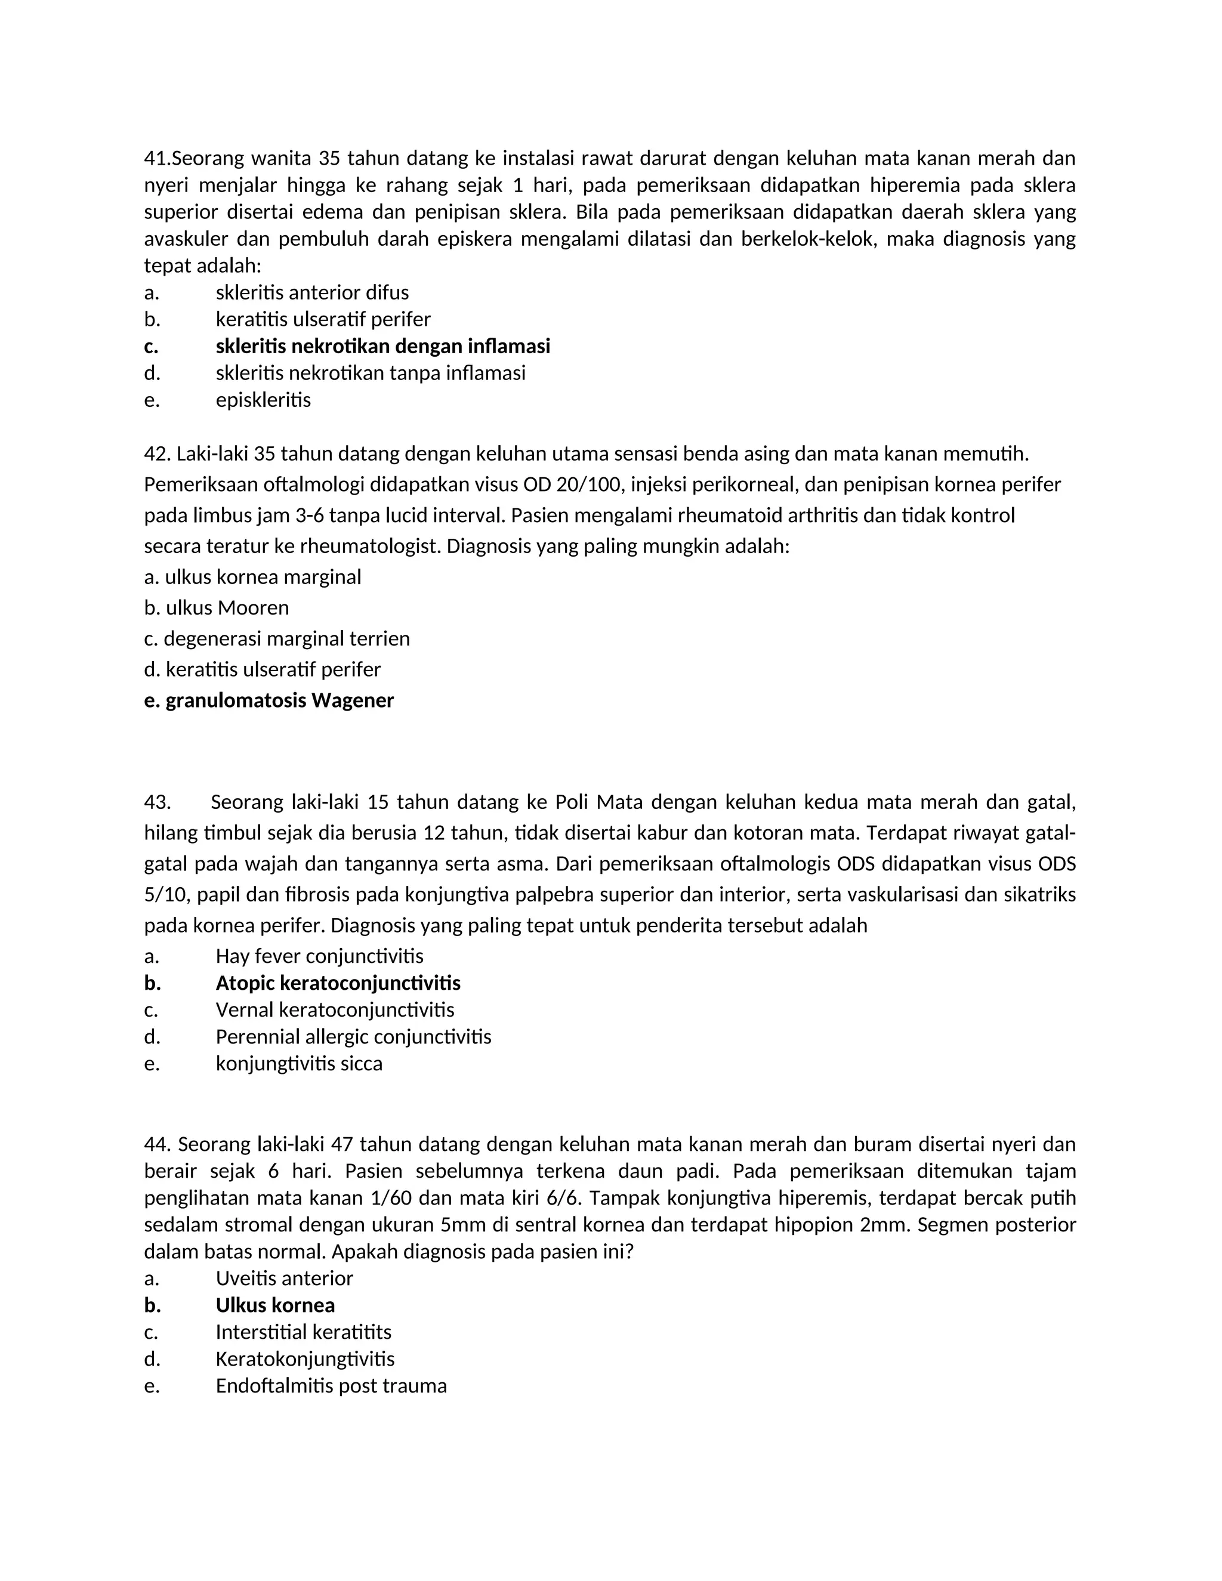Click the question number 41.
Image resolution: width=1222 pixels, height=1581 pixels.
tap(156, 158)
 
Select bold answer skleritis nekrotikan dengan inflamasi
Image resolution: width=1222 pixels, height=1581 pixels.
tap(382, 346)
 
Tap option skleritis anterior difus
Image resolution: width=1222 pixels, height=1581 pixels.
tap(312, 292)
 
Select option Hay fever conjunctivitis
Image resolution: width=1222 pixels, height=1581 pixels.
tap(319, 956)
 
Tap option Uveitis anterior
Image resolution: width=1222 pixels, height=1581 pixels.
tap(284, 1278)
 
